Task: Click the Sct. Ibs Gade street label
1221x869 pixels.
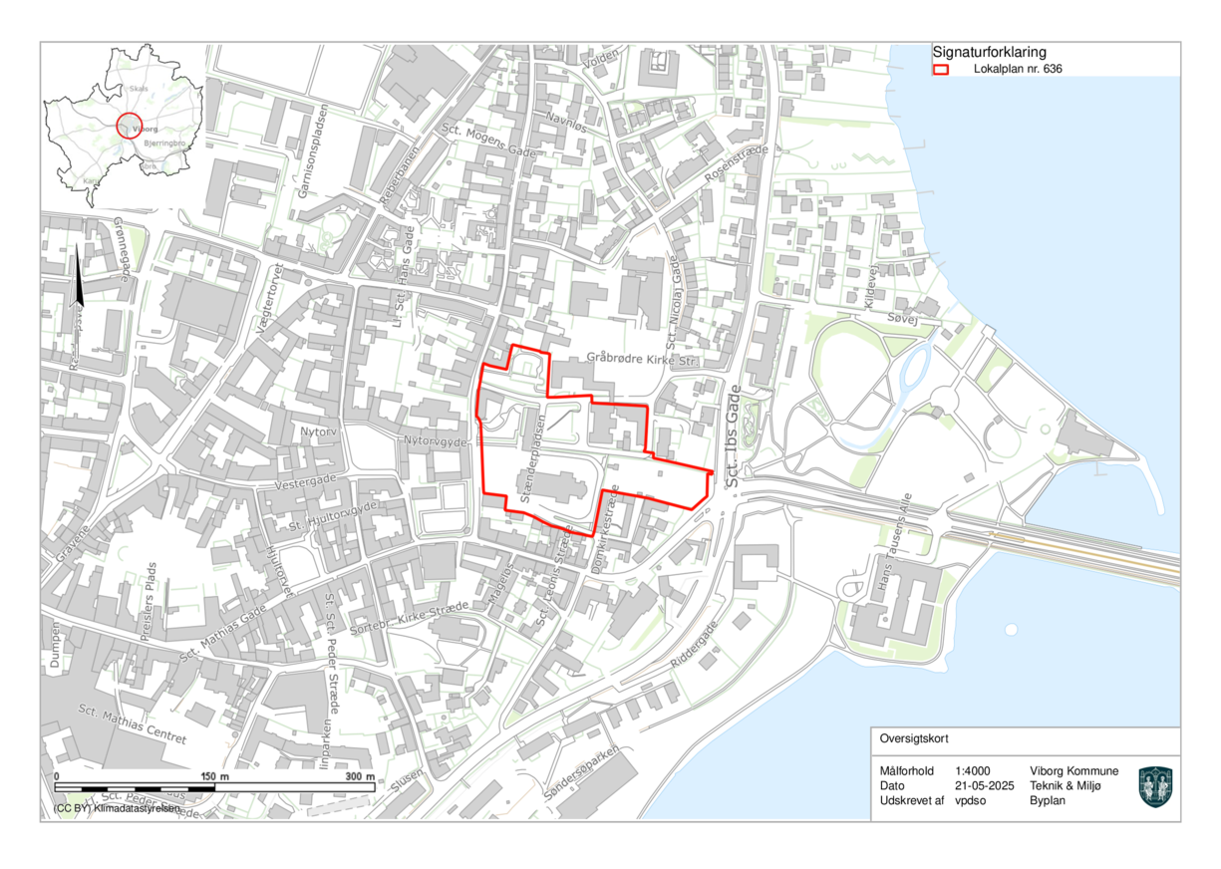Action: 736,435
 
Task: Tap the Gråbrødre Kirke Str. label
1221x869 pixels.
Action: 643,358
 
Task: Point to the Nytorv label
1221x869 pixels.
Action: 320,433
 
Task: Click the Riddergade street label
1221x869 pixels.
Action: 694,646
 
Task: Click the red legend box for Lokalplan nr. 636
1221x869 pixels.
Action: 940,70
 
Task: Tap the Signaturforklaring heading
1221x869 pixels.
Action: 989,52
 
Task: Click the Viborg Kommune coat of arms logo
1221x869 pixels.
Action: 1155,786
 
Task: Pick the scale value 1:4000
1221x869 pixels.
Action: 972,771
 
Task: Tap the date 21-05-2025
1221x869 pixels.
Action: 984,786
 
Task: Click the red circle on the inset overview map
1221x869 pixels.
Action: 131,126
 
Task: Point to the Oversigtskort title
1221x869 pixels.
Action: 915,739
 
